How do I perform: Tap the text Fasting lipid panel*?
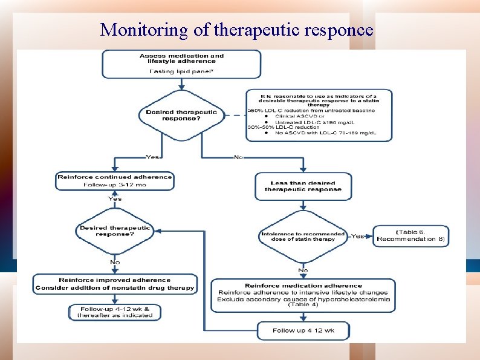[x=181, y=71]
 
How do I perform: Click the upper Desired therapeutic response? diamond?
[x=181, y=115]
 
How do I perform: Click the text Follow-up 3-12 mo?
[x=114, y=185]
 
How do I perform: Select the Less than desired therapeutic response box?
[x=302, y=186]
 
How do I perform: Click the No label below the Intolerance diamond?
[x=303, y=270]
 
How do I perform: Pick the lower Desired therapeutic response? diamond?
[x=114, y=232]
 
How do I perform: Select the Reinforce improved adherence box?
[x=114, y=284]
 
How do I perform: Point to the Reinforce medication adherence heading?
[x=303, y=286]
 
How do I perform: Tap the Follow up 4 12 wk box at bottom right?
[x=303, y=330]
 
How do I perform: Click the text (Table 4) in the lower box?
[x=303, y=306]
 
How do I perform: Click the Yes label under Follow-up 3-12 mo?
[x=114, y=198]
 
